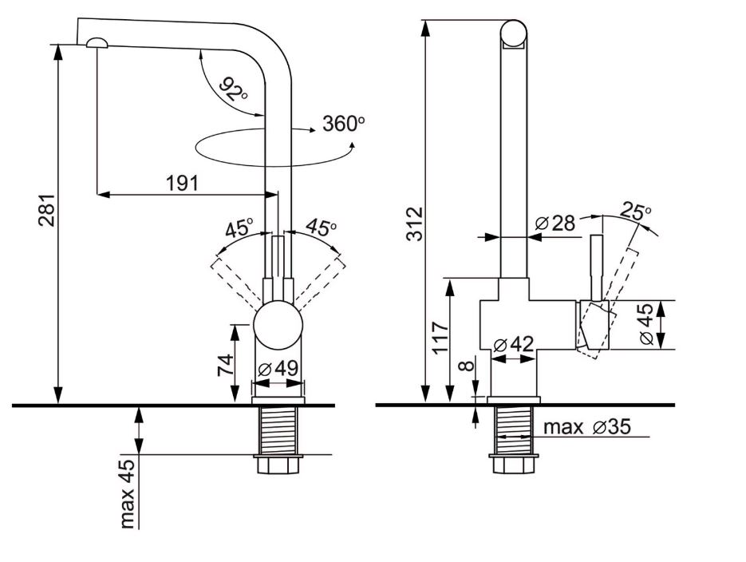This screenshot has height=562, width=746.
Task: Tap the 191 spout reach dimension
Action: [x=182, y=183]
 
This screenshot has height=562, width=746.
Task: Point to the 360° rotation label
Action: [x=343, y=124]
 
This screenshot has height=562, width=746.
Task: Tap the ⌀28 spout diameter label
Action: [x=555, y=224]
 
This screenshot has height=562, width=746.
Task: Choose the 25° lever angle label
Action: [x=636, y=213]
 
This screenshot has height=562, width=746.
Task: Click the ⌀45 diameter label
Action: [x=649, y=326]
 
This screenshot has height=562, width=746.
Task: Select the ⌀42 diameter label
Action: [x=513, y=346]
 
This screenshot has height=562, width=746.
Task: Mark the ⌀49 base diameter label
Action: [x=278, y=369]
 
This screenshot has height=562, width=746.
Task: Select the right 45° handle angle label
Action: [x=321, y=228]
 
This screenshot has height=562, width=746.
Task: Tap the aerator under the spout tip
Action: [x=97, y=43]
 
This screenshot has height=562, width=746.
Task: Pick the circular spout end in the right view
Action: [x=515, y=34]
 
